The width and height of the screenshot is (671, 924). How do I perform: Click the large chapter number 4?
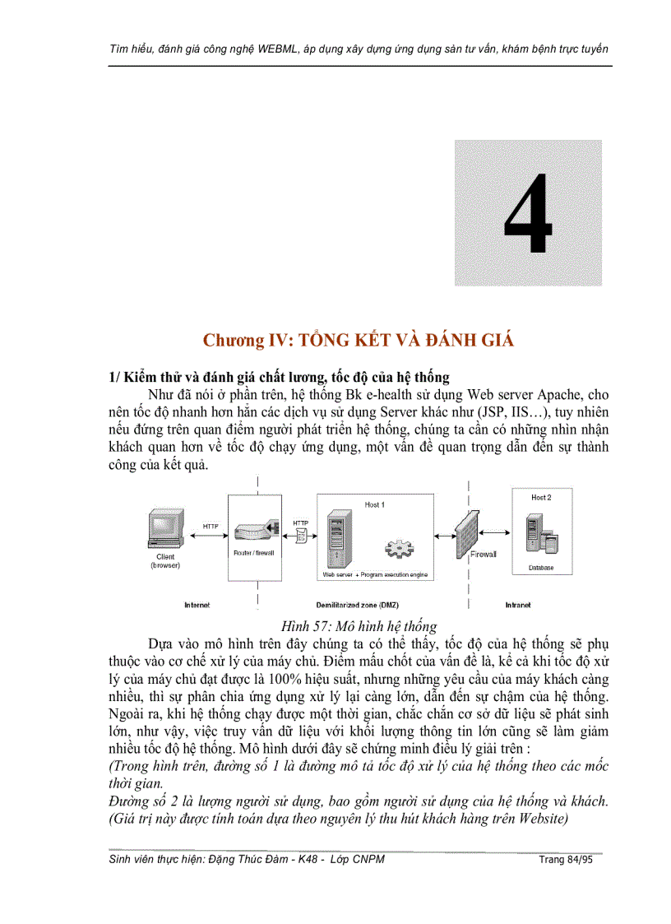pos(528,214)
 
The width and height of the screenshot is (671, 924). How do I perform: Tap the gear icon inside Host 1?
pos(400,548)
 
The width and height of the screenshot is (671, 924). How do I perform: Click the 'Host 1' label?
pos(374,504)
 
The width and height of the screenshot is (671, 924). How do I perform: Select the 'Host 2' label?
pos(541,498)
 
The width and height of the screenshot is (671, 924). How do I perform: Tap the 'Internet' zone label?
pos(197,605)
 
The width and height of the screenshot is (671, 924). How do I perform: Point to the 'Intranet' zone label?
pos(517,605)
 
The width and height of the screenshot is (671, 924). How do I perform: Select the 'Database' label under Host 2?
pos(541,568)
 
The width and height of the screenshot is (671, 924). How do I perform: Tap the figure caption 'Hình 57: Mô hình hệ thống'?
pos(359,626)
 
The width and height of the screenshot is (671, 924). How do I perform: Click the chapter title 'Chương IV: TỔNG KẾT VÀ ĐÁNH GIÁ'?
pos(359,341)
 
